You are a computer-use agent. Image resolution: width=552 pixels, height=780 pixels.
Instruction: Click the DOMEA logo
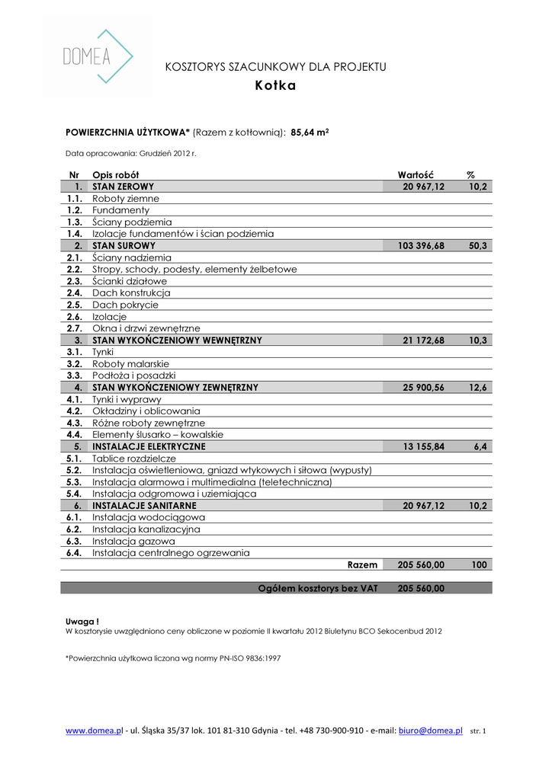point(97,56)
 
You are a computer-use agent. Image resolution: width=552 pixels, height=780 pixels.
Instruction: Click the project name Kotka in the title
point(275,86)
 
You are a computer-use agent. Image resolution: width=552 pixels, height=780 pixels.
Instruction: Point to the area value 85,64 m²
point(310,132)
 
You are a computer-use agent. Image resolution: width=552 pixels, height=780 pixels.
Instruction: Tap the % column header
point(470,175)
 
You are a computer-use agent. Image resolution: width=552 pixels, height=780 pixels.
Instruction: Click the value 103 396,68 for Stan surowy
point(421,246)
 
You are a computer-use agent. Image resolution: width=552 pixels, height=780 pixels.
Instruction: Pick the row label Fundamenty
point(120,210)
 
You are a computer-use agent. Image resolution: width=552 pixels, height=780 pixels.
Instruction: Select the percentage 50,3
point(478,246)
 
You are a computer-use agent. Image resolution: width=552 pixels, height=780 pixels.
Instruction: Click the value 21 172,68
point(423,340)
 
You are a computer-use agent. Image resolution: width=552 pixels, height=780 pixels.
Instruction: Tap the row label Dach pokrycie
point(125,305)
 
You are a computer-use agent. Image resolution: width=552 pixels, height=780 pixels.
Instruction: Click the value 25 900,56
point(423,388)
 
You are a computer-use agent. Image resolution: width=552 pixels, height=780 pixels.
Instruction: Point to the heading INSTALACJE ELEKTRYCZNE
point(149,446)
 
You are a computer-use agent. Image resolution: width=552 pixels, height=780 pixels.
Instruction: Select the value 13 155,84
point(423,446)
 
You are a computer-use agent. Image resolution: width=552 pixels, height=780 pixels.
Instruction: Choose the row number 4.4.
point(74,434)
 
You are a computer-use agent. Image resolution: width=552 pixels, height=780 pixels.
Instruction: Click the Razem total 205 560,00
point(421,565)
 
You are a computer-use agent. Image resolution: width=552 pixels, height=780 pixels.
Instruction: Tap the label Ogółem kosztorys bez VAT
point(317,588)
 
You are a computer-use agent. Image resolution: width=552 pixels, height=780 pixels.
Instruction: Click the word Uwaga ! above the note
point(82,622)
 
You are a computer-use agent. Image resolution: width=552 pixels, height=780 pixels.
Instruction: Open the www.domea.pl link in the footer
point(94,730)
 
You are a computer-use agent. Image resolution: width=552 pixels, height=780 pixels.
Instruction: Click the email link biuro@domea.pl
point(430,730)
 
